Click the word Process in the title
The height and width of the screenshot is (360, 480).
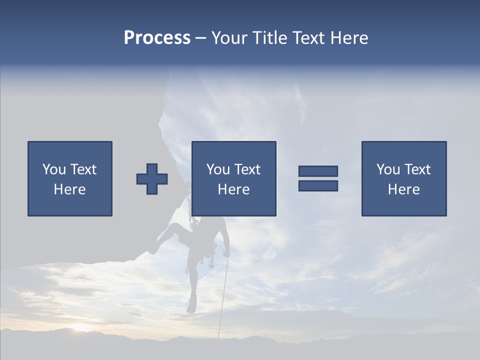[157, 38]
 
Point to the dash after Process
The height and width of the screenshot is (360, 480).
[200, 38]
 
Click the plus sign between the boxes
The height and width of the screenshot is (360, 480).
[152, 179]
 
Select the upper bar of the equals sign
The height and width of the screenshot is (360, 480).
[318, 171]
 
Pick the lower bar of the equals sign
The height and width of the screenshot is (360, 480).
[318, 186]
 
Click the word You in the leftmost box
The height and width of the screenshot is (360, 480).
[53, 169]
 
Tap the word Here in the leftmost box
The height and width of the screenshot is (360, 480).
[69, 189]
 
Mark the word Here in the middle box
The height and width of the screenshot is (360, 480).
[233, 189]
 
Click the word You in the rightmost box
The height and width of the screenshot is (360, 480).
[387, 169]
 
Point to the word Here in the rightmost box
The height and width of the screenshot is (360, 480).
[403, 189]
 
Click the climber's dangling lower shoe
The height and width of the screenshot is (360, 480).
[191, 305]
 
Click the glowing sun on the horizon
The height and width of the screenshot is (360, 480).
[80, 328]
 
